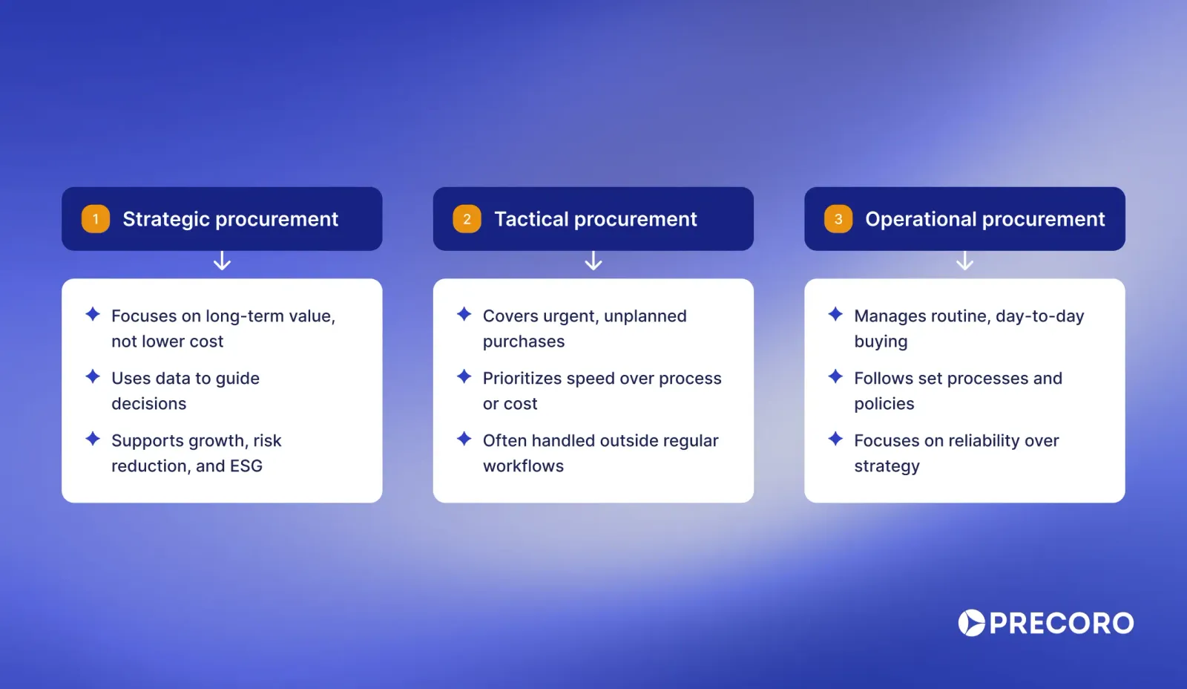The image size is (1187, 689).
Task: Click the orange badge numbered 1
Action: coord(96,219)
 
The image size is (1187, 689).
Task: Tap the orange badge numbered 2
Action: coord(467,219)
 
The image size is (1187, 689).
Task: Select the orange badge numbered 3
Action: coord(838,219)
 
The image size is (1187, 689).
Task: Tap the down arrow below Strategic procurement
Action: coord(222,261)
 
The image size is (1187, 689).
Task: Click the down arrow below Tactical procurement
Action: coord(593,261)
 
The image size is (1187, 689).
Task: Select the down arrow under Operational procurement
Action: coord(964,261)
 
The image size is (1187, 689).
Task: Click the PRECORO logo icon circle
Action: coord(971,623)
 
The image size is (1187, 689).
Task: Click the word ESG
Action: coord(246,466)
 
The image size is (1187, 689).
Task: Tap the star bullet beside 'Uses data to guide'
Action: coord(93,376)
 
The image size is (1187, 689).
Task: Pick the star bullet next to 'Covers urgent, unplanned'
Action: coord(464,314)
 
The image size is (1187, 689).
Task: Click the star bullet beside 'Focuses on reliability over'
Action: coord(835,439)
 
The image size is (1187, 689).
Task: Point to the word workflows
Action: coord(523,466)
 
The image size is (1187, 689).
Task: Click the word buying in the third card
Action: coord(881,342)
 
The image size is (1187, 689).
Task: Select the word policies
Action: coord(884,404)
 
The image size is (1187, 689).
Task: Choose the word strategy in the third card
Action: coord(887,466)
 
